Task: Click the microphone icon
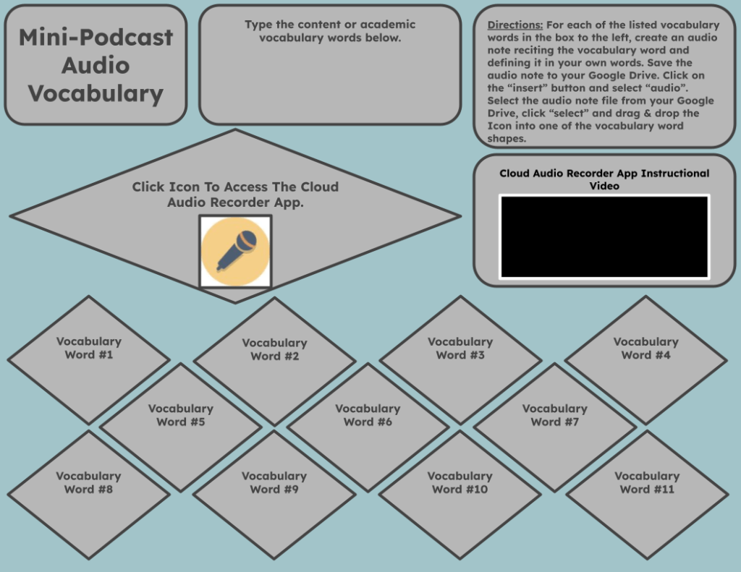(235, 251)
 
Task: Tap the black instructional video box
(604, 236)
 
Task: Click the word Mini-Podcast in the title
(96, 38)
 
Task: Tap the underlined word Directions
(515, 25)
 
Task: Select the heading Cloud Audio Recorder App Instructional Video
(604, 179)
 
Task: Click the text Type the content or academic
(330, 25)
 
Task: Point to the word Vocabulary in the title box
(96, 93)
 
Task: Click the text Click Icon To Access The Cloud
(235, 187)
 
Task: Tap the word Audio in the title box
(96, 65)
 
